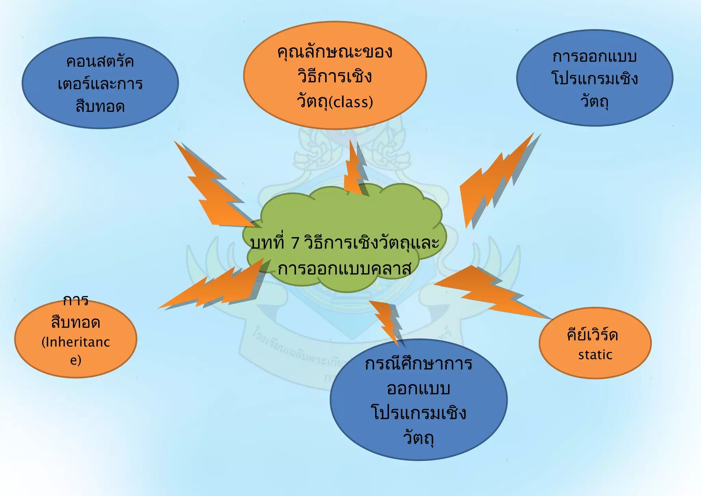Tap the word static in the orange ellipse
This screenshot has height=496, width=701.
point(595,355)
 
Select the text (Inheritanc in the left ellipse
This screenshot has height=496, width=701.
point(76,342)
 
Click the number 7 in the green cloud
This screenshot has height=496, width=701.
point(295,243)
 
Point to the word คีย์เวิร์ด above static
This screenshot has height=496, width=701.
point(592,335)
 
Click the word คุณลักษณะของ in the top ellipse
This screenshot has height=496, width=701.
point(335,52)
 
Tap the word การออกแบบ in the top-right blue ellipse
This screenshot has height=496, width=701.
point(595,57)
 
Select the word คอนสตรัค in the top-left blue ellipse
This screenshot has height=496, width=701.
point(100,62)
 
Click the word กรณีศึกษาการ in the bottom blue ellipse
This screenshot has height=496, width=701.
point(419,363)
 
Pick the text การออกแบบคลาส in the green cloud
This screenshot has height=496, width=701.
point(344,269)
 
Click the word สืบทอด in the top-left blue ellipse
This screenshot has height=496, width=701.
point(100,106)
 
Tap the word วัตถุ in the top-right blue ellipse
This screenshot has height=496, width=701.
point(595,101)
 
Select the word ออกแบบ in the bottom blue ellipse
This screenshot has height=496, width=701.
point(418,388)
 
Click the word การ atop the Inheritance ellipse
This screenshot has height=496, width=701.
point(76,301)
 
